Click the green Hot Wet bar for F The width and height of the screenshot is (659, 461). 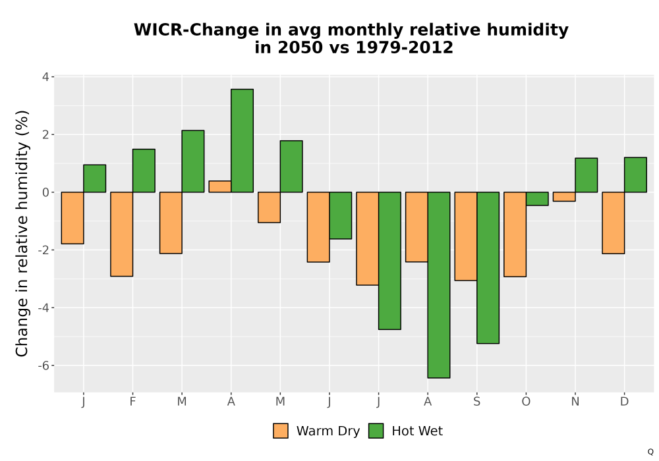[144, 171]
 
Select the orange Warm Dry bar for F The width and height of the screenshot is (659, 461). [121, 234]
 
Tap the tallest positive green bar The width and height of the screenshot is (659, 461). [242, 141]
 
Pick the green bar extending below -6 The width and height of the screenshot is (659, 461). [439, 285]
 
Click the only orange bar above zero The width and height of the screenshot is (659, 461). [220, 186]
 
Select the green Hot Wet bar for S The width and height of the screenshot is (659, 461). [488, 268]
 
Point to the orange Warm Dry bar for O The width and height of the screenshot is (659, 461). [515, 234]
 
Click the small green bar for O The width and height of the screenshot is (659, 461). [537, 199]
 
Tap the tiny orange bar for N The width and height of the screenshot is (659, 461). [564, 196]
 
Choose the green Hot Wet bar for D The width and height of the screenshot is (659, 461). [635, 175]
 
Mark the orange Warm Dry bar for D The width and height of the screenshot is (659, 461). [613, 223]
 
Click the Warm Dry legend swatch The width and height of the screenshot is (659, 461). [281, 431]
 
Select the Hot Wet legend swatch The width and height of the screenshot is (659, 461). [376, 431]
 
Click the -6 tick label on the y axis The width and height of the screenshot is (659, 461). [43, 366]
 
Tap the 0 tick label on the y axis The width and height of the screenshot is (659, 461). [46, 192]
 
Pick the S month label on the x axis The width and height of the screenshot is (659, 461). [476, 402]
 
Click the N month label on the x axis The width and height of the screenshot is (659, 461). [575, 402]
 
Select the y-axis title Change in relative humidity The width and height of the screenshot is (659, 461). [22, 233]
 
